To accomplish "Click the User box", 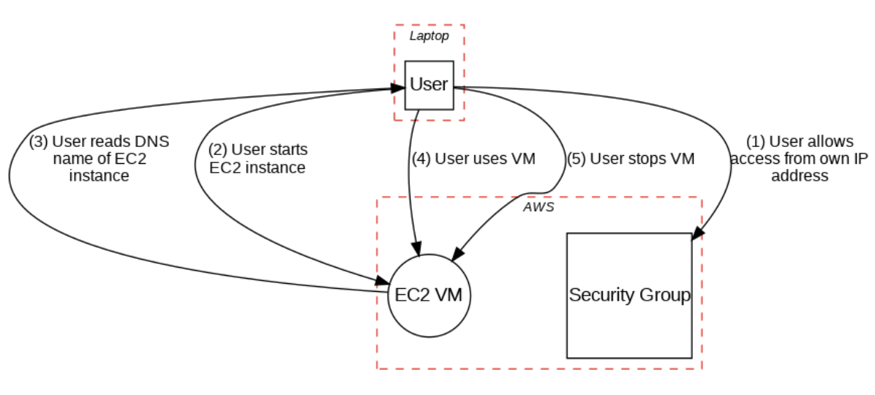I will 429,85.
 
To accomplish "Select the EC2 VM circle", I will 429,295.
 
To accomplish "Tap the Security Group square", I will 629,296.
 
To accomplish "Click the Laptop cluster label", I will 429,35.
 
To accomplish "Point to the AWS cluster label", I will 539,207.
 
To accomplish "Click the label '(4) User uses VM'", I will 474,158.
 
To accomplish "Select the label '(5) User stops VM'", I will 631,158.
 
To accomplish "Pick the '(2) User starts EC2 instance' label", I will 258,158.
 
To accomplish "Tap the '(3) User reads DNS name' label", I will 99,159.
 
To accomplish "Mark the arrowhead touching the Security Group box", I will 696,233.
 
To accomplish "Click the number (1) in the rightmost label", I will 756,142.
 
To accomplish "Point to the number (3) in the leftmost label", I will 38,143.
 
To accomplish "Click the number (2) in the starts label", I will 218,150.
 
